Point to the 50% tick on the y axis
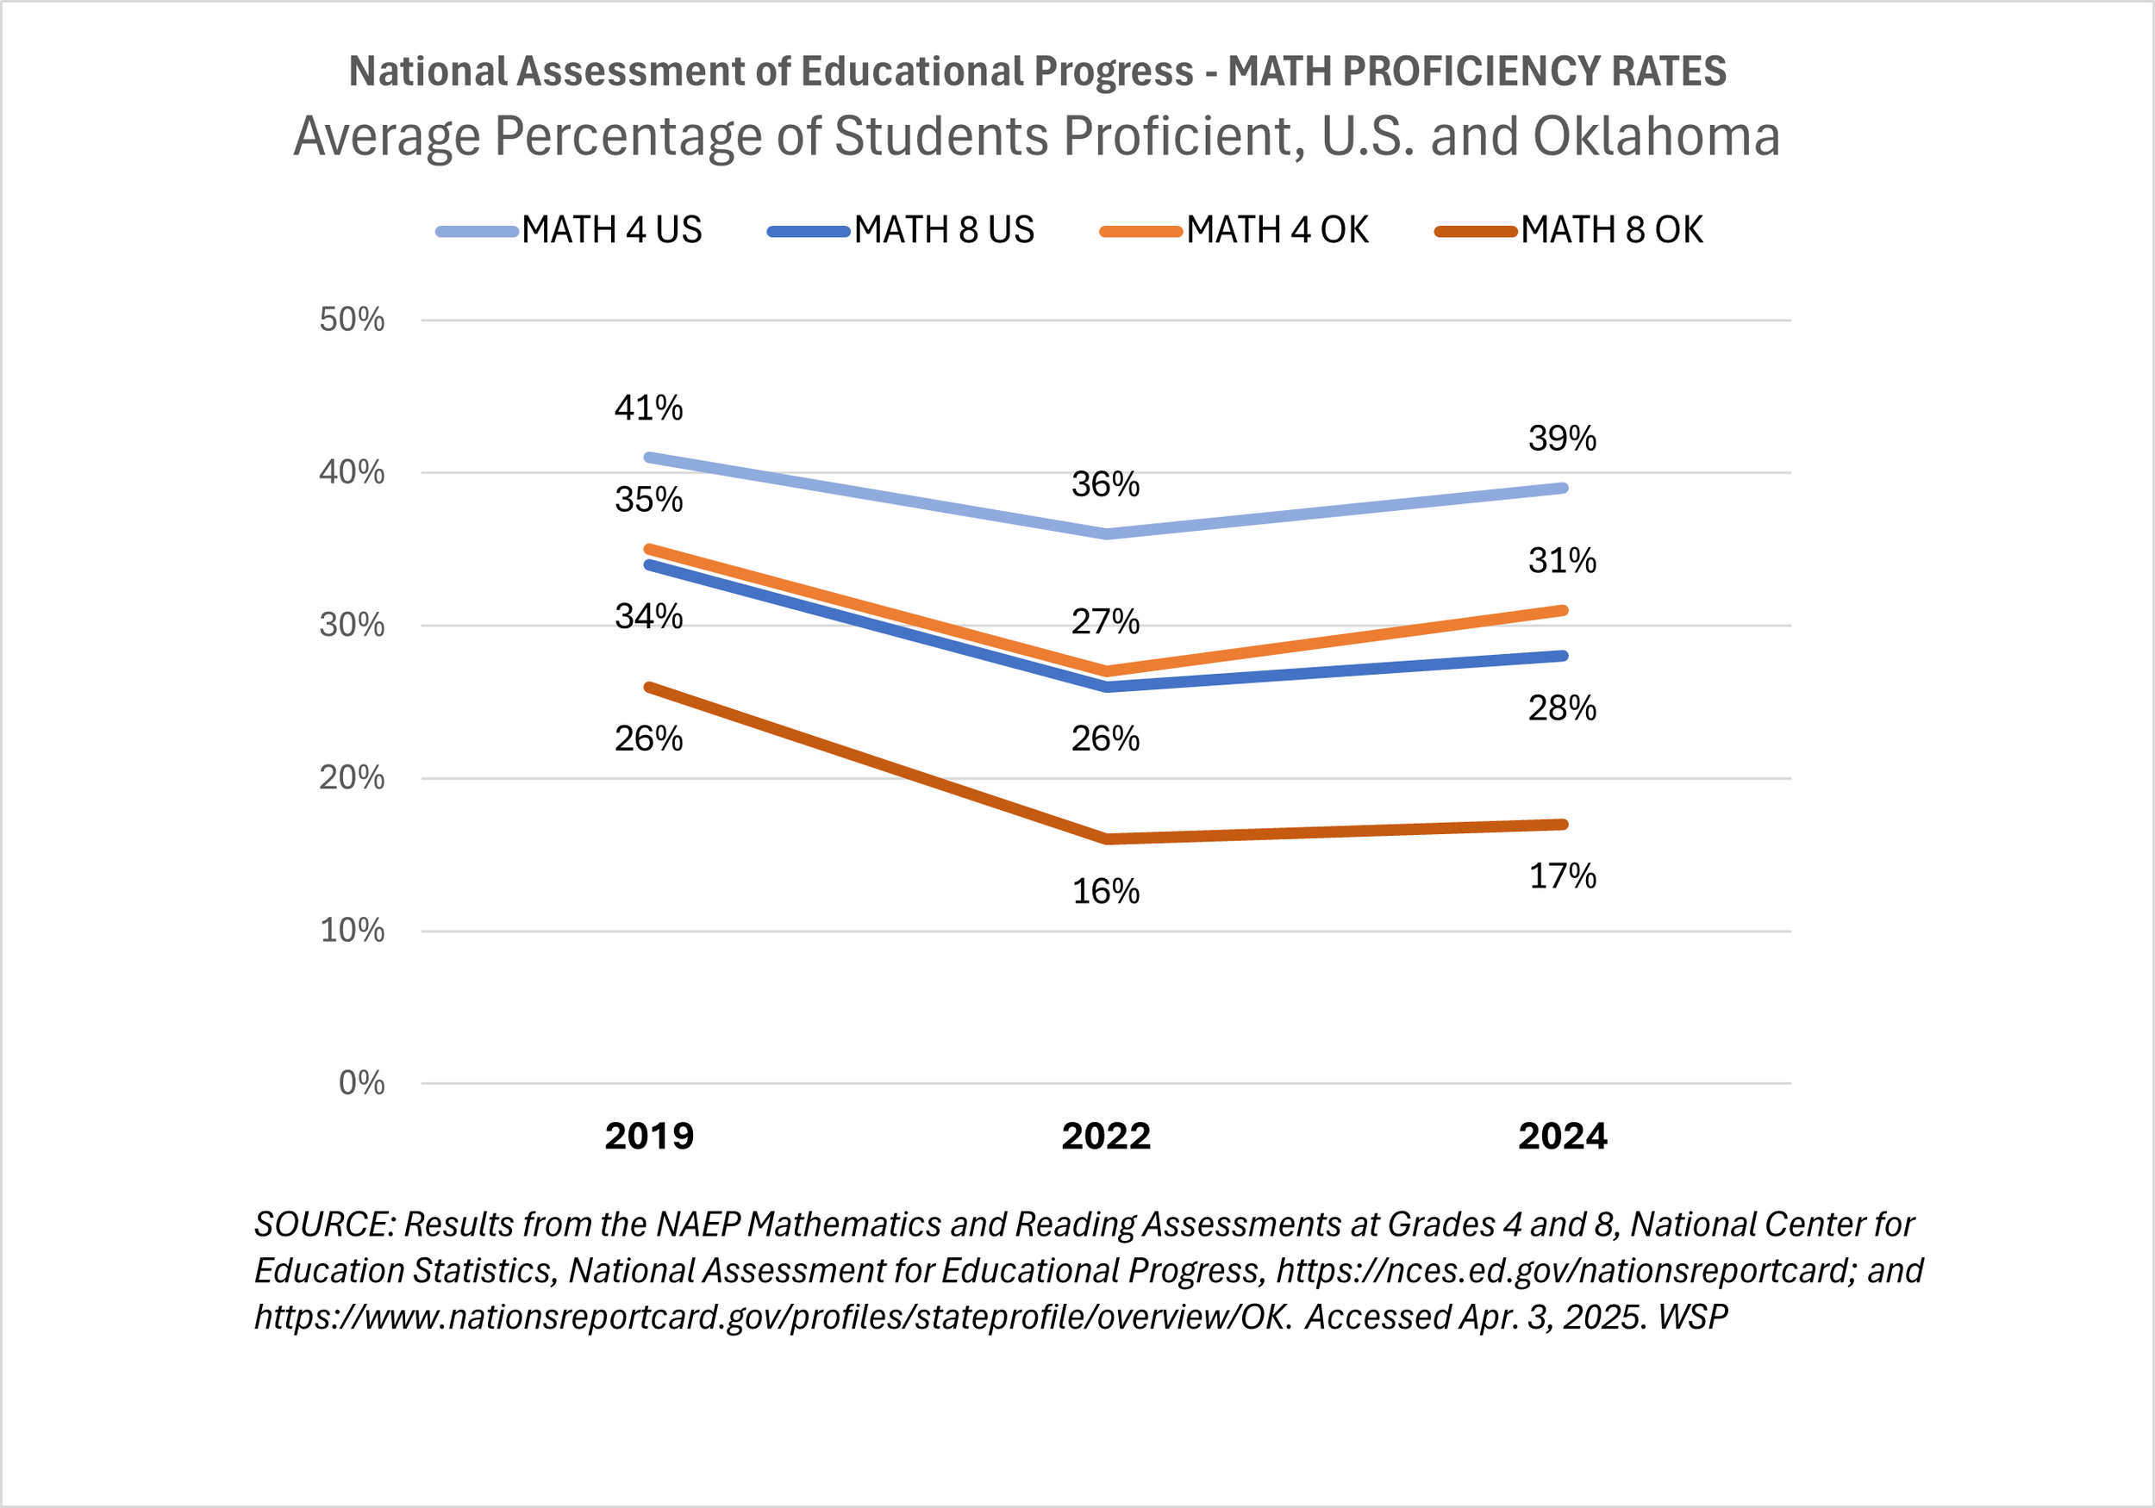[x=352, y=320]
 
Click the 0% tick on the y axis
[x=361, y=1083]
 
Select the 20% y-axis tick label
[x=352, y=778]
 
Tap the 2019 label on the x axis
[x=648, y=1137]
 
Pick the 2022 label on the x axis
[x=1106, y=1137]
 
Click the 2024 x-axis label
[x=1563, y=1137]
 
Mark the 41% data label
[x=648, y=408]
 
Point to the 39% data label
[x=1562, y=439]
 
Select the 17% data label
[x=1563, y=876]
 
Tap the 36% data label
[x=1106, y=485]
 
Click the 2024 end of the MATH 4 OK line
[x=1563, y=611]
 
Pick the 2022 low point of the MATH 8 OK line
[x=1109, y=839]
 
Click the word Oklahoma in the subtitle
[x=1656, y=137]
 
